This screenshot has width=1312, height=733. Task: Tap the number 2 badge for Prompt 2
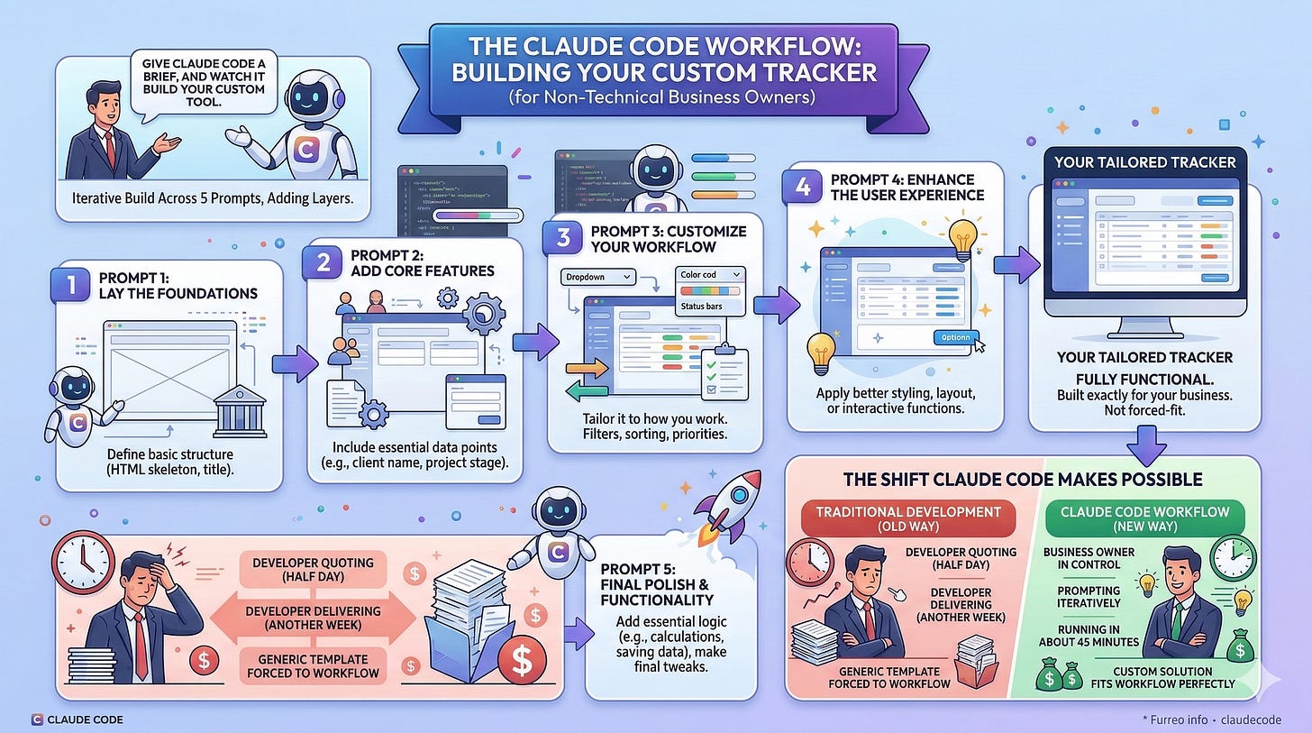(x=322, y=261)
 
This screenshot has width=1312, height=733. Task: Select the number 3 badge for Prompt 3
(x=562, y=238)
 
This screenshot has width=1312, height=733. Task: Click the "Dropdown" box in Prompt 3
(x=597, y=277)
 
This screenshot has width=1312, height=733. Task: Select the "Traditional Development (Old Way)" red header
(x=908, y=519)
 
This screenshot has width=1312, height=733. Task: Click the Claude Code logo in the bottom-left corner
(x=37, y=719)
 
